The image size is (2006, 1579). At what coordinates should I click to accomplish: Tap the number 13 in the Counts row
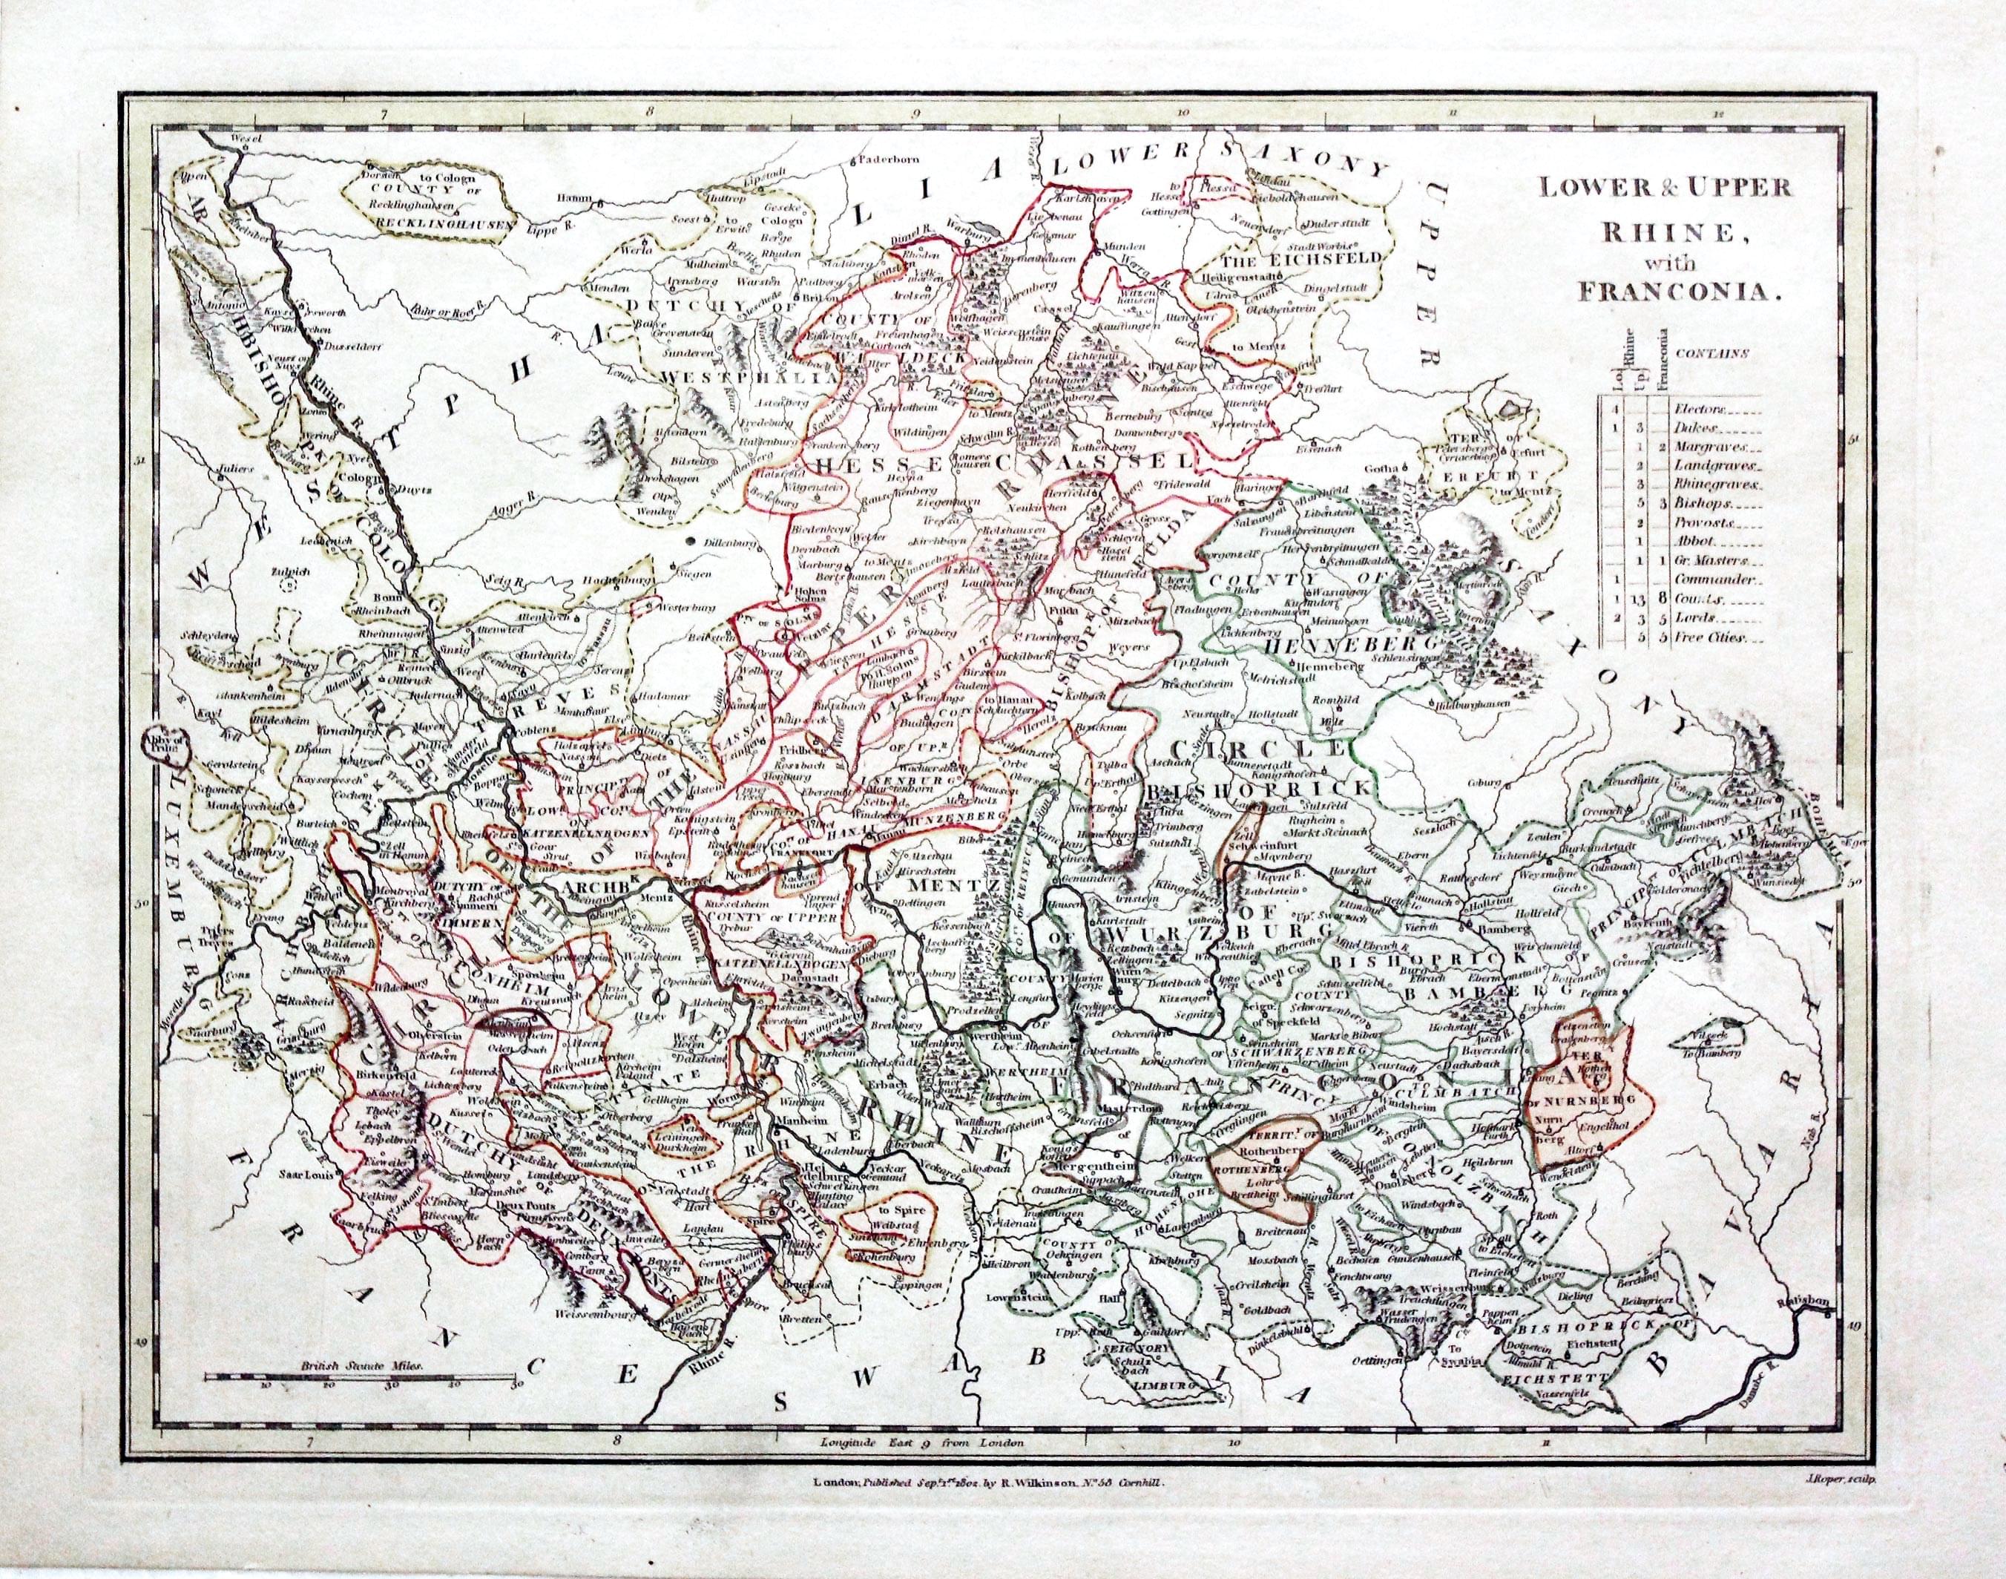(1637, 598)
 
